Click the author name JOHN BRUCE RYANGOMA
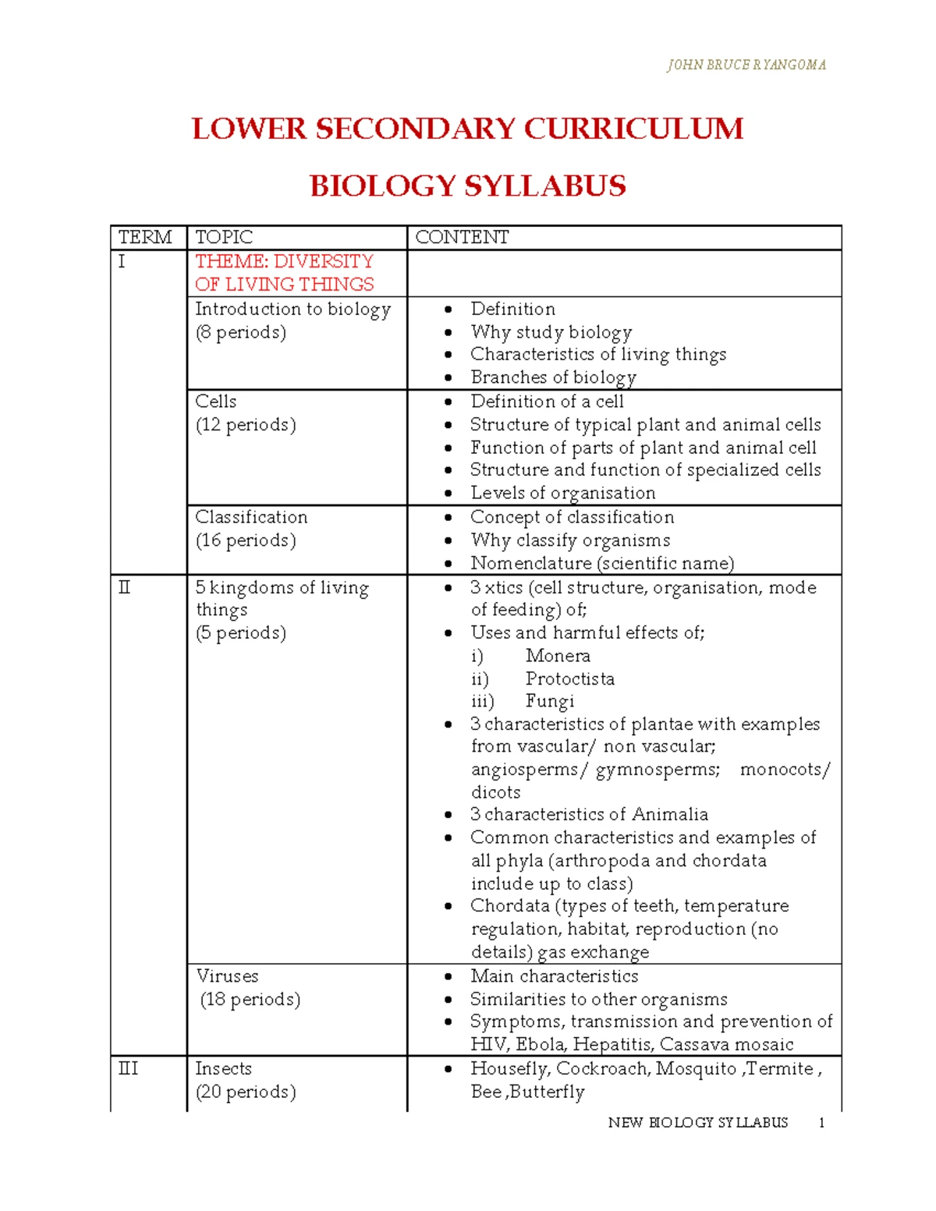(x=746, y=65)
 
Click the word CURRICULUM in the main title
(x=633, y=129)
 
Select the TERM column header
(x=145, y=237)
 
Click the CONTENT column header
(x=462, y=237)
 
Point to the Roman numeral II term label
(x=125, y=587)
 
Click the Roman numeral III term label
(x=128, y=1068)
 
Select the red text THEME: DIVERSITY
(x=284, y=261)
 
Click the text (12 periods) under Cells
(x=246, y=425)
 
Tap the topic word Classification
(x=251, y=517)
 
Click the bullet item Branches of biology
(x=553, y=377)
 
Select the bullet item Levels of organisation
(x=562, y=493)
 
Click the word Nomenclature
(x=530, y=563)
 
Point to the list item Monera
(x=558, y=656)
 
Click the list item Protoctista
(x=569, y=678)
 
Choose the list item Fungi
(x=549, y=701)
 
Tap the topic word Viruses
(x=227, y=976)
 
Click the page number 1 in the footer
(x=821, y=1123)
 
